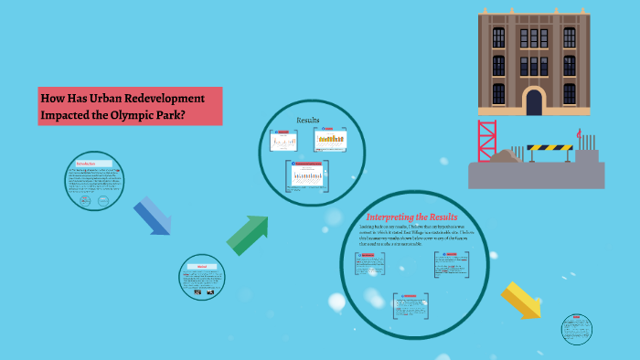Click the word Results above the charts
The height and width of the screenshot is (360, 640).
(308, 120)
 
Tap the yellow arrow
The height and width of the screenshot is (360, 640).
(521, 300)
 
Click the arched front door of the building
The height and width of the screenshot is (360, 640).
(535, 101)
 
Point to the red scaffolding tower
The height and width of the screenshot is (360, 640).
(486, 141)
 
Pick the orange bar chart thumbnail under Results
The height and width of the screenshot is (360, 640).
(331, 139)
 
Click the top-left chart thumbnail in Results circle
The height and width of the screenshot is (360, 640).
(283, 141)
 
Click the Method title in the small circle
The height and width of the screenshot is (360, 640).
(202, 267)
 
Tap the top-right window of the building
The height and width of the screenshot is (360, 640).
(569, 37)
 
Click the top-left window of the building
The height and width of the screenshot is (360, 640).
(498, 37)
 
